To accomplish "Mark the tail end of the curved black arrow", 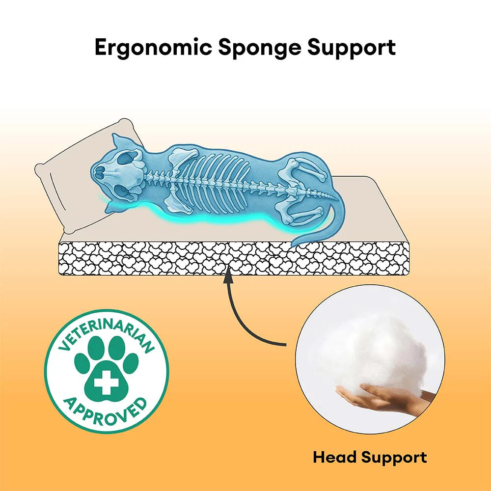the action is [x=286, y=345].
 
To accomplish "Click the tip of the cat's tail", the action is [x=293, y=245].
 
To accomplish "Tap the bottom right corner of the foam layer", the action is [x=409, y=274].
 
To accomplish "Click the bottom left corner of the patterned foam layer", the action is [x=59, y=274].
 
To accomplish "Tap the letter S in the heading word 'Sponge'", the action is [x=226, y=47].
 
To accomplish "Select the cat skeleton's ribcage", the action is [x=213, y=182].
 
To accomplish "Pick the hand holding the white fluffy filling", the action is [x=385, y=398].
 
